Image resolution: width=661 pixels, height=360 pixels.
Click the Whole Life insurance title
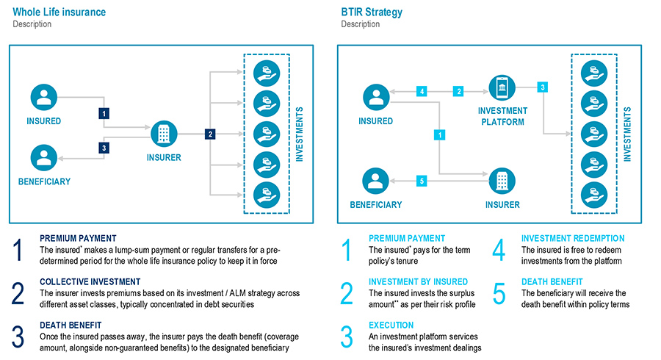(x=59, y=12)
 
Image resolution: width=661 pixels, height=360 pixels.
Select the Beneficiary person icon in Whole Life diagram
(x=45, y=156)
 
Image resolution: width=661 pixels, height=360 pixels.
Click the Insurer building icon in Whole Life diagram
(x=165, y=134)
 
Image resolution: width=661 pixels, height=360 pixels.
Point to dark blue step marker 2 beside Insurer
(x=210, y=134)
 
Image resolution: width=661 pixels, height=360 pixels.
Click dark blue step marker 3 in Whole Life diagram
(x=104, y=148)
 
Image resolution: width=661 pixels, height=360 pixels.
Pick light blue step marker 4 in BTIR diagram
(x=421, y=91)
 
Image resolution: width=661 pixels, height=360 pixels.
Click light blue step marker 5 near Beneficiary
(x=421, y=181)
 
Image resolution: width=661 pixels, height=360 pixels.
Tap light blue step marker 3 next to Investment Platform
(x=542, y=87)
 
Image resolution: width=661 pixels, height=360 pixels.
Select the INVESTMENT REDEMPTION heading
(x=573, y=238)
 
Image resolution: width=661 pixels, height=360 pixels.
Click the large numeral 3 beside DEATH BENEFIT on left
(x=21, y=336)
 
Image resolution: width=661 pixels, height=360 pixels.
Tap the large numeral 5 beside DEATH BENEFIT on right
(x=499, y=292)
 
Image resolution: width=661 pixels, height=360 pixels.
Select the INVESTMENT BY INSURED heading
(x=418, y=281)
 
